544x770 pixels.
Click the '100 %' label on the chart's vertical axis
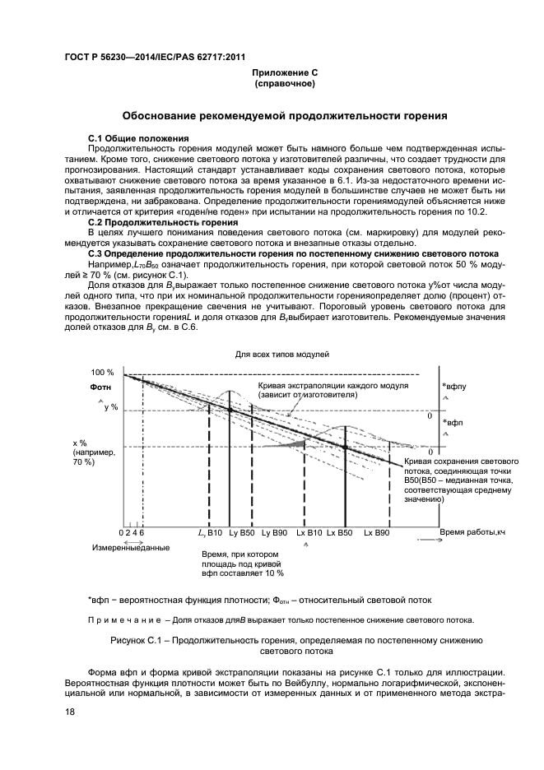point(103,373)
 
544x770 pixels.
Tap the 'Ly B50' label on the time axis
point(242,534)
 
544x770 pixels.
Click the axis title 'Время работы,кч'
point(472,533)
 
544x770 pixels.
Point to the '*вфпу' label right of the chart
point(454,385)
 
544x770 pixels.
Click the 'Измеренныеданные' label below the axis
point(131,548)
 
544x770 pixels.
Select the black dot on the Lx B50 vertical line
point(345,447)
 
